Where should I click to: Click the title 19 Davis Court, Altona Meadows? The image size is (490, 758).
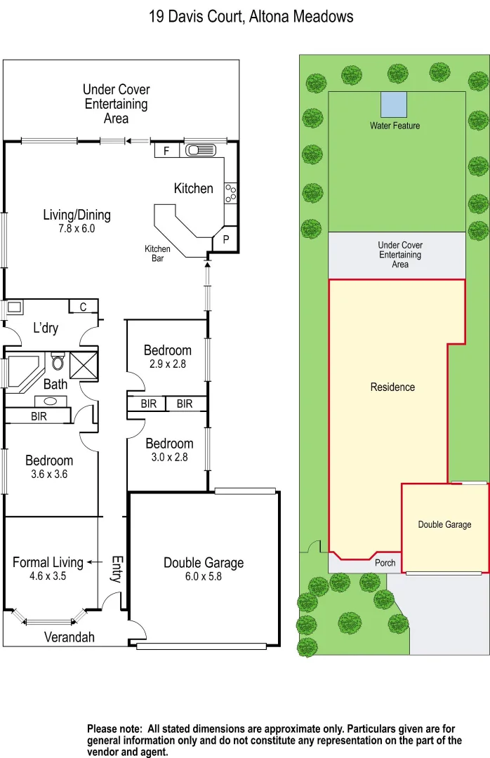click(x=251, y=16)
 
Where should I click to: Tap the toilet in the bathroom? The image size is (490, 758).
click(x=58, y=361)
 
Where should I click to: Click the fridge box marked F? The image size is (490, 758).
click(x=166, y=151)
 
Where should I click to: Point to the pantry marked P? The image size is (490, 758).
click(x=226, y=239)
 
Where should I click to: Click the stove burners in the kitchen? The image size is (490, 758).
click(x=231, y=192)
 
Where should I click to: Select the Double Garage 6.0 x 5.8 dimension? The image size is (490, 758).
click(x=204, y=576)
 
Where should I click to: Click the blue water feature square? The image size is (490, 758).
click(x=393, y=105)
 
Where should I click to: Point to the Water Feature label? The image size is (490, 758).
click(x=395, y=126)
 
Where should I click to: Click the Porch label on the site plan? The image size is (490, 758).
click(x=385, y=563)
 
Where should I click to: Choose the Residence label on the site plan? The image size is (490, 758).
click(x=392, y=387)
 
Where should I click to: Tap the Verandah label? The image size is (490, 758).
click(x=69, y=637)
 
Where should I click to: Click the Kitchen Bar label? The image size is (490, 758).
click(x=157, y=253)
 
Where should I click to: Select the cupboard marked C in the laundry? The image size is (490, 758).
click(x=83, y=307)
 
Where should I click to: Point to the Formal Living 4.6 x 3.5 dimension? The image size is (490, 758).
click(x=48, y=576)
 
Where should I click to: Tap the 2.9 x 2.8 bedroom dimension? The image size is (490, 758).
click(x=168, y=364)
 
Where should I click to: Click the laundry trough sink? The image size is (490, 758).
click(x=14, y=307)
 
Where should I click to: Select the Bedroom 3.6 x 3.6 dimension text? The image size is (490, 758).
click(x=49, y=474)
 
